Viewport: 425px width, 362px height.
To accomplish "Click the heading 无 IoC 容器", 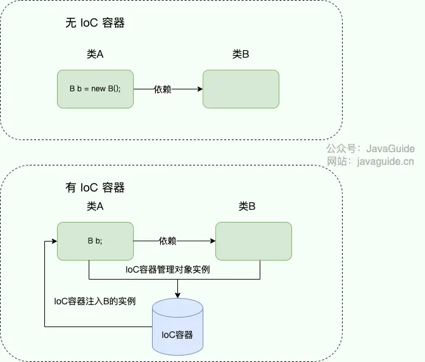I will [95, 23].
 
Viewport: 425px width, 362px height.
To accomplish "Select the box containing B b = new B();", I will [95, 89].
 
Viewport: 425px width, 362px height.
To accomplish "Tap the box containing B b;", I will [95, 241].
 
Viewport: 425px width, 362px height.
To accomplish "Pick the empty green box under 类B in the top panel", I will [241, 89].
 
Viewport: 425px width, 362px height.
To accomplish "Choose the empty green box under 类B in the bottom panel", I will [253, 241].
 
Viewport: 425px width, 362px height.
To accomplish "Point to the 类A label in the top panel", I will [95, 55].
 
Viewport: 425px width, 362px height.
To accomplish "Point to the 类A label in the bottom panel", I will [95, 207].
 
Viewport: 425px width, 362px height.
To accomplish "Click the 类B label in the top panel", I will [241, 55].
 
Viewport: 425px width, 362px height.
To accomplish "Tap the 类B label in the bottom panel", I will [247, 207].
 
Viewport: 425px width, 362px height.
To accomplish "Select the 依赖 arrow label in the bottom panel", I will [167, 241].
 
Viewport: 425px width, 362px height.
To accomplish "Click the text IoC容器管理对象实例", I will [168, 269].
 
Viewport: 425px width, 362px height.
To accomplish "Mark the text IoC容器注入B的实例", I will [95, 301].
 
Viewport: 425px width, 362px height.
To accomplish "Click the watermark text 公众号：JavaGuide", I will [371, 149].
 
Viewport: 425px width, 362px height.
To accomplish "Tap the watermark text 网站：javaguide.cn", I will [371, 161].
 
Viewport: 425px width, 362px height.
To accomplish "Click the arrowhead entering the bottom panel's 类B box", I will [212, 241].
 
